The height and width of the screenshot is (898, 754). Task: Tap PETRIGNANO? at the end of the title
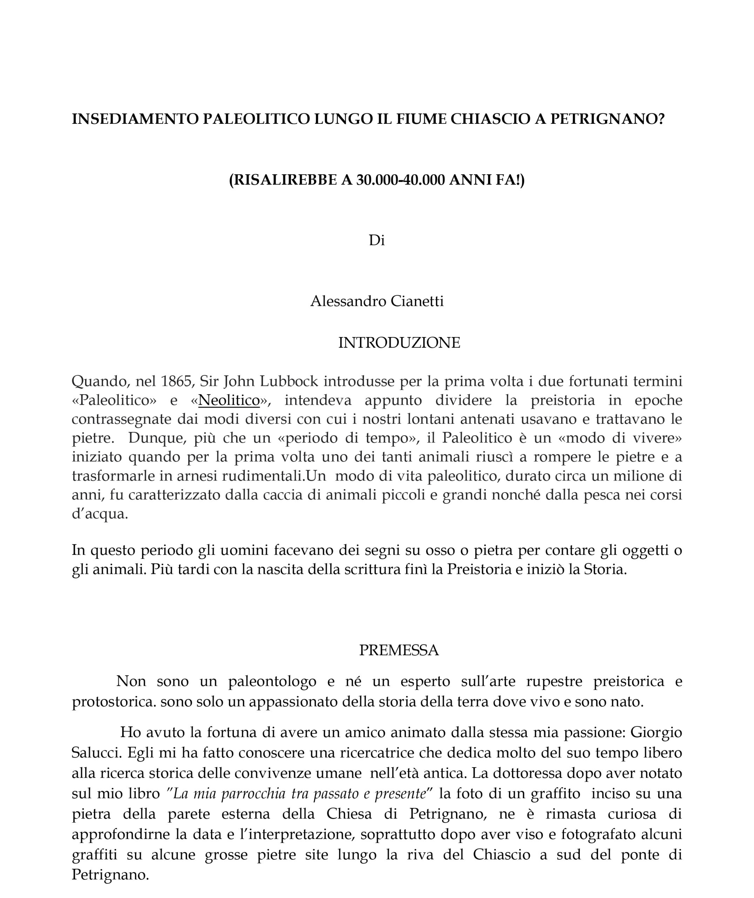click(x=607, y=119)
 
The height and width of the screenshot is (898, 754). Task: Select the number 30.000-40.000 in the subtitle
click(x=401, y=180)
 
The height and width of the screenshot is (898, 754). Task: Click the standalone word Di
click(x=376, y=241)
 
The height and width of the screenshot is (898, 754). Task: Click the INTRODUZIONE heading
click(x=399, y=343)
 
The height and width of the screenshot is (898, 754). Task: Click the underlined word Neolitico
click(x=229, y=400)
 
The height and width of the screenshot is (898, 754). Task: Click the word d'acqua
click(x=100, y=514)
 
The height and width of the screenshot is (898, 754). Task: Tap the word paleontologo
click(x=272, y=681)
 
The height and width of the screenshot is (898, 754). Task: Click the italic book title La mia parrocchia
click(x=230, y=794)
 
